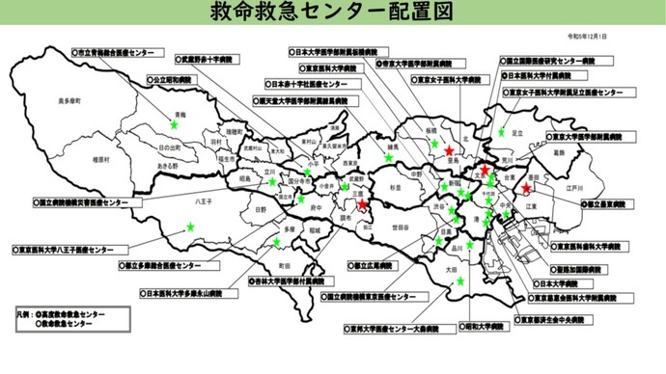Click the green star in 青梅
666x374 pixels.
[x=176, y=124]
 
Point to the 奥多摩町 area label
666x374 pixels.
[x=70, y=101]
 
